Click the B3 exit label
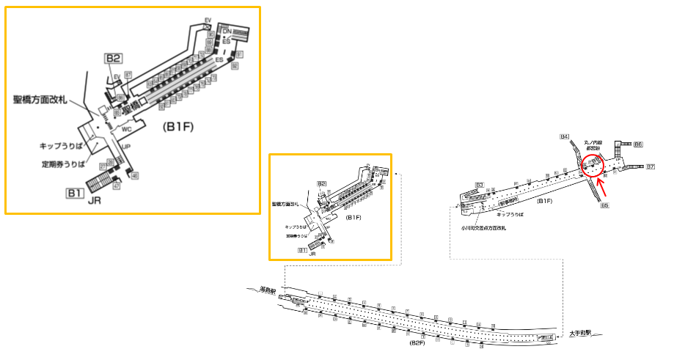[x=479, y=184]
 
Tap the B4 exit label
[x=564, y=136]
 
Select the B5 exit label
[x=605, y=205]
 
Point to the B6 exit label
[x=639, y=144]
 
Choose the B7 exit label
[x=651, y=168]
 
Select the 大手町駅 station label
[x=581, y=334]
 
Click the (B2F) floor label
[x=419, y=342]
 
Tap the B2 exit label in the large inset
[x=113, y=59]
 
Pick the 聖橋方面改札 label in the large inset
[x=40, y=99]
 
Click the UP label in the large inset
[x=125, y=147]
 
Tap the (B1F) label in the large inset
[x=178, y=126]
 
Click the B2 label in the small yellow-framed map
[x=321, y=183]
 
